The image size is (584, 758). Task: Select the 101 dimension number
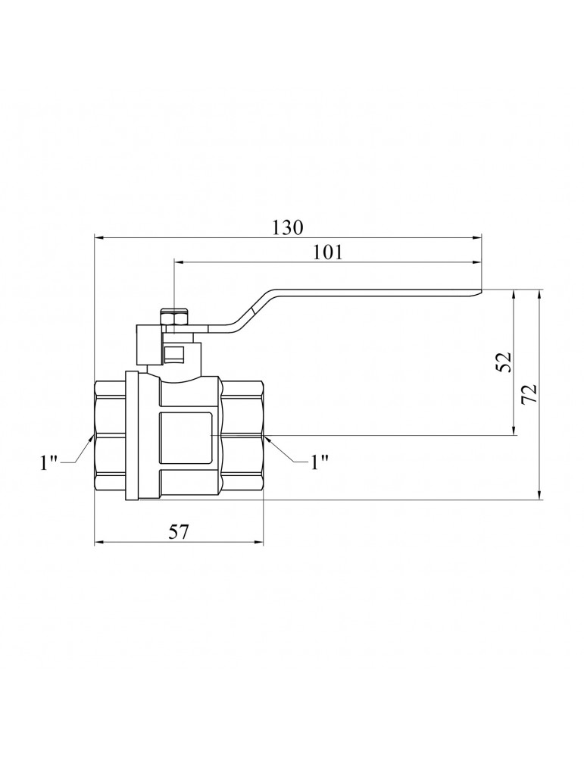(x=327, y=252)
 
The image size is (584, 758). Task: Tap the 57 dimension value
(x=179, y=532)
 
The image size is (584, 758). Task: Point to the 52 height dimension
(x=504, y=362)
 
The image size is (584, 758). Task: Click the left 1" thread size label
(x=48, y=462)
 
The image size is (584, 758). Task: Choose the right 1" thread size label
(x=320, y=462)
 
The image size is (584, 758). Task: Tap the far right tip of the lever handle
(x=482, y=291)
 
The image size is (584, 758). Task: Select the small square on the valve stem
(x=173, y=354)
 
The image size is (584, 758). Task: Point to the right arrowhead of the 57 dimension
(x=258, y=543)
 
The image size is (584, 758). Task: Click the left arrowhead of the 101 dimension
(x=180, y=262)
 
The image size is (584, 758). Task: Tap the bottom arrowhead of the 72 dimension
(x=539, y=494)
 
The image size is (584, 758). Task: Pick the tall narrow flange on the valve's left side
(x=132, y=436)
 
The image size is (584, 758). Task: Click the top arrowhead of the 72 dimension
(x=539, y=296)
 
